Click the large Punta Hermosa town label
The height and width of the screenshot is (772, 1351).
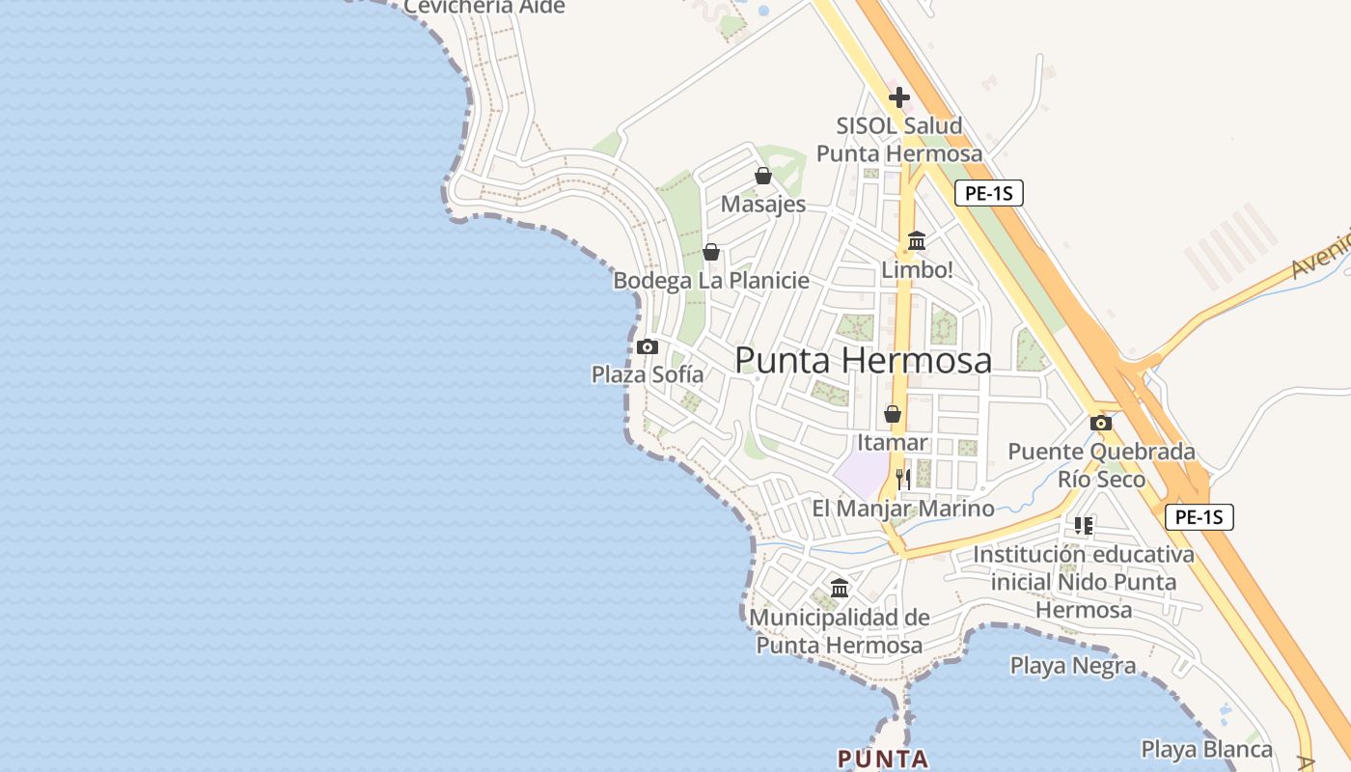(863, 360)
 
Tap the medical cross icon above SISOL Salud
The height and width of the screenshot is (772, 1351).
(899, 96)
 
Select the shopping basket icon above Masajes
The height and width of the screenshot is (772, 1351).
(763, 176)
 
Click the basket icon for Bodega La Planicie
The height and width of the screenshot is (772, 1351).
(711, 252)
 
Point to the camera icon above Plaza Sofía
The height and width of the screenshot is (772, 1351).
(648, 346)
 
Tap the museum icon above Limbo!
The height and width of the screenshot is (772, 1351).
(917, 240)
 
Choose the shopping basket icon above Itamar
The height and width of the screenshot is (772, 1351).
(893, 414)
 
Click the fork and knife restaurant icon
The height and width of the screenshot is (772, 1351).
(903, 478)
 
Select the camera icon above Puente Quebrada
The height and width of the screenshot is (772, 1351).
(1101, 423)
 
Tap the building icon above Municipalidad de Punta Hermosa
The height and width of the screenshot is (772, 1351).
(840, 588)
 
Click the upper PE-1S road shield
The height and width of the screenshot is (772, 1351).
(989, 193)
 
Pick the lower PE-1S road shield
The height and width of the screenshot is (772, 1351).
(1199, 516)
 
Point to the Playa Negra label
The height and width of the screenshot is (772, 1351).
(1073, 665)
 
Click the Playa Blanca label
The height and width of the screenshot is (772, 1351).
(1206, 749)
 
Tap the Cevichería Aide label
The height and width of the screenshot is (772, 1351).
(483, 7)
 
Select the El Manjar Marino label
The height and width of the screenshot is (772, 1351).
(902, 509)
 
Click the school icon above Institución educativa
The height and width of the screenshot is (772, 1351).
(1083, 526)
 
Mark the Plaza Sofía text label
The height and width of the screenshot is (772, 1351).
(647, 374)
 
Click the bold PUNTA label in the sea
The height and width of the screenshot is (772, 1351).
(882, 758)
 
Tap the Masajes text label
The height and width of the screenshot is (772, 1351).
(762, 205)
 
